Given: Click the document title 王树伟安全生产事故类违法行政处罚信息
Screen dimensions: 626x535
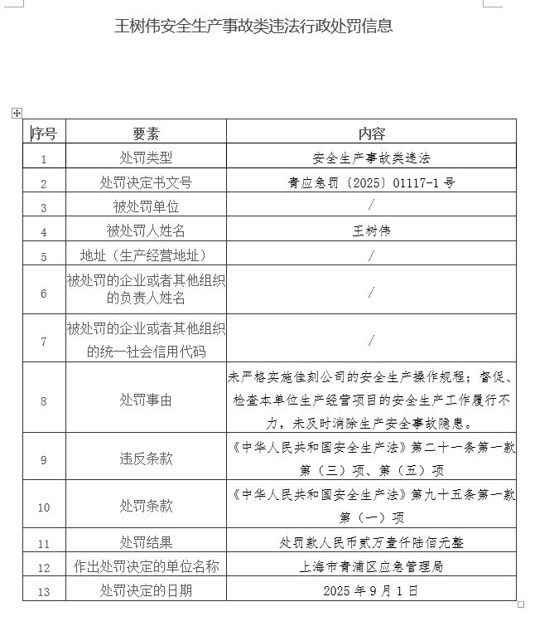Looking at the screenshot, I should [253, 26].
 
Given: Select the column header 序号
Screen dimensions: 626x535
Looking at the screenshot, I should [44, 133].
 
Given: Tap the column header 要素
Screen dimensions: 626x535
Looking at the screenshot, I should [146, 133].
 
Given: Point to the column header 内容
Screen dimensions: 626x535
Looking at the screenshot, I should [372, 133].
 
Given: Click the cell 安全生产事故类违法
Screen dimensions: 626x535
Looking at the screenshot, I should [372, 158].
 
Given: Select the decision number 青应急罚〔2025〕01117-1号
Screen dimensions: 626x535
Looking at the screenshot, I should [372, 182].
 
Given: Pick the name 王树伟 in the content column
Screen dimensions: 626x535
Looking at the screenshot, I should [372, 231].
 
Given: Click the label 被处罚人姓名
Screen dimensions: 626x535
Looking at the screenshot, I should [146, 231].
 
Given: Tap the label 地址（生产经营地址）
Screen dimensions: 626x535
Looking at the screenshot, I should [146, 255].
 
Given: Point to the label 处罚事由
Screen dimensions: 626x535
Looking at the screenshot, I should [146, 400].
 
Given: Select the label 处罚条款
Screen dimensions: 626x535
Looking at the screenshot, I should [146, 506].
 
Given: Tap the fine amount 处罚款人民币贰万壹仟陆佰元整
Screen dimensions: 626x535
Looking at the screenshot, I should [372, 543].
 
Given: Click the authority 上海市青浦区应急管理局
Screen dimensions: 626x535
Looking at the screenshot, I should [372, 567].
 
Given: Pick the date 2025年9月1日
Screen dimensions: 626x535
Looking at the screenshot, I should [372, 591].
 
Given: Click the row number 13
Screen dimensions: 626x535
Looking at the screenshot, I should [44, 592].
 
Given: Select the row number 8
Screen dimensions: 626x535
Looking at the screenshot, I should [44, 400].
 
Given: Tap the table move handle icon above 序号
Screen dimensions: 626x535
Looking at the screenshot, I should [17, 112].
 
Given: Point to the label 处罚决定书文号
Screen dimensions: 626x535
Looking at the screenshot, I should [146, 182].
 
